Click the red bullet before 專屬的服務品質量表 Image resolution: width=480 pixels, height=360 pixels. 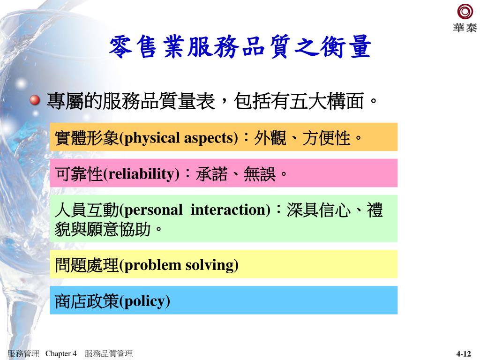[x=35, y=100]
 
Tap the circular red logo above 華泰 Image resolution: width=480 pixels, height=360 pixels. [x=465, y=12]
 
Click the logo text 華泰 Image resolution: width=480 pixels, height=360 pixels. [x=465, y=28]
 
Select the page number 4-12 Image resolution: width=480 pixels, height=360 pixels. [x=464, y=354]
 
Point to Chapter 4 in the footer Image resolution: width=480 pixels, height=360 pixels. [x=61, y=353]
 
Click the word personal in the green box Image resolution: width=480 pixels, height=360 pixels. [x=153, y=210]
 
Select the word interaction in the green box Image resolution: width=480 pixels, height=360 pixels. [x=228, y=210]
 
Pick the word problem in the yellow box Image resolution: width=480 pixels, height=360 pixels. [x=152, y=266]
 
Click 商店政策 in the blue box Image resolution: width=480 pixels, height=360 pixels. [x=87, y=301]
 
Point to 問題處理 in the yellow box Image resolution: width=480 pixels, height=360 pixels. [x=87, y=265]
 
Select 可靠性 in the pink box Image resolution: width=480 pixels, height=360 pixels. [x=79, y=174]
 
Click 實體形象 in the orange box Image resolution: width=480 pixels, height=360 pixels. [x=87, y=138]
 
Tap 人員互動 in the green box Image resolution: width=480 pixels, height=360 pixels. [x=87, y=210]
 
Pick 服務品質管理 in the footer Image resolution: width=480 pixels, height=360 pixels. [x=109, y=353]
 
